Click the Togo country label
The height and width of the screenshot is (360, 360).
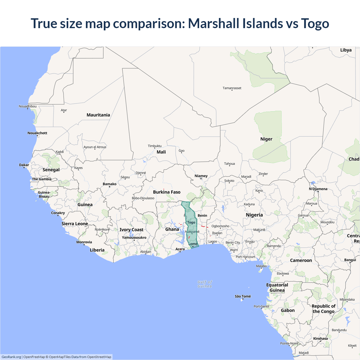point(191,222)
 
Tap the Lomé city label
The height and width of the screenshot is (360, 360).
point(193,244)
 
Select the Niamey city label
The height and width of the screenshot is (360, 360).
point(201,176)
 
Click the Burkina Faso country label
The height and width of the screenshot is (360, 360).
point(167,192)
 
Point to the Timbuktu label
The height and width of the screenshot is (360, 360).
point(155,146)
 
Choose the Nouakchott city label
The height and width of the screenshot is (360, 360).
point(37,133)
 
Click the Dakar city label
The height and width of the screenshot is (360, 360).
point(24,165)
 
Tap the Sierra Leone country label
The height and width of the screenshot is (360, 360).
point(75,224)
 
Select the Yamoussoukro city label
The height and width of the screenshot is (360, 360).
point(134,238)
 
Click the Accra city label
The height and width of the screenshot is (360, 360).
point(180,249)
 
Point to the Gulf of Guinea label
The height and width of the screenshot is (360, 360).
point(205,284)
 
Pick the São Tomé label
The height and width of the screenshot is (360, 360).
point(243,296)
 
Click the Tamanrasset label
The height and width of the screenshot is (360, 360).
point(232,88)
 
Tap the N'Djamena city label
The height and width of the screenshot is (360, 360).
point(318,189)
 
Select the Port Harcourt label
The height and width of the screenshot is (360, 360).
point(246,257)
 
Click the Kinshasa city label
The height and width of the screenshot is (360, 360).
point(321,339)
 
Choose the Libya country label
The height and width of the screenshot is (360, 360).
point(346,50)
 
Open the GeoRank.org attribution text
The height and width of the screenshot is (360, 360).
point(11,357)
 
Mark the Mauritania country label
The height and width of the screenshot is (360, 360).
point(98,115)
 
